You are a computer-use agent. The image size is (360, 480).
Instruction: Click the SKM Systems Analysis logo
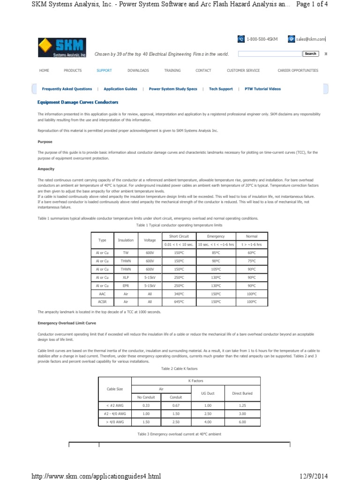[x=62, y=48]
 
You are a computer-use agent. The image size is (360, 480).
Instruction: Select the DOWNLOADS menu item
[x=138, y=70]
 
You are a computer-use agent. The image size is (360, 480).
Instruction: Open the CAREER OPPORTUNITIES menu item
[x=298, y=70]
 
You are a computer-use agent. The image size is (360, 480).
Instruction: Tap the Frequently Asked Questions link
[x=67, y=89]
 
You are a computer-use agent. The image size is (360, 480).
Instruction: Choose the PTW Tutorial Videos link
[x=263, y=89]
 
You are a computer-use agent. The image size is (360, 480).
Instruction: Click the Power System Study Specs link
[x=173, y=89]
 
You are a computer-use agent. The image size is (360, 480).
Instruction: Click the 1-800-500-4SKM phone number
[x=262, y=39]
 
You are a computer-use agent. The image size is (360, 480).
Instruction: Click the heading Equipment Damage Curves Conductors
[x=78, y=102]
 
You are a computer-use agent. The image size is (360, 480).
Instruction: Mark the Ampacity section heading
[x=46, y=169]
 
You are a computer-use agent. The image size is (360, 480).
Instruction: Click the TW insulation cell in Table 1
[x=126, y=252]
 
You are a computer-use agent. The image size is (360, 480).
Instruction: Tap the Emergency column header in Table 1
[x=217, y=236]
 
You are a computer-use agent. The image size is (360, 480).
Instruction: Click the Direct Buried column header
[x=242, y=393]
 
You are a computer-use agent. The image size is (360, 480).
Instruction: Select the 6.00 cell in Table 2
[x=242, y=422]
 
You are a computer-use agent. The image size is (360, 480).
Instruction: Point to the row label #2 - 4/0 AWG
[x=115, y=413]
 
